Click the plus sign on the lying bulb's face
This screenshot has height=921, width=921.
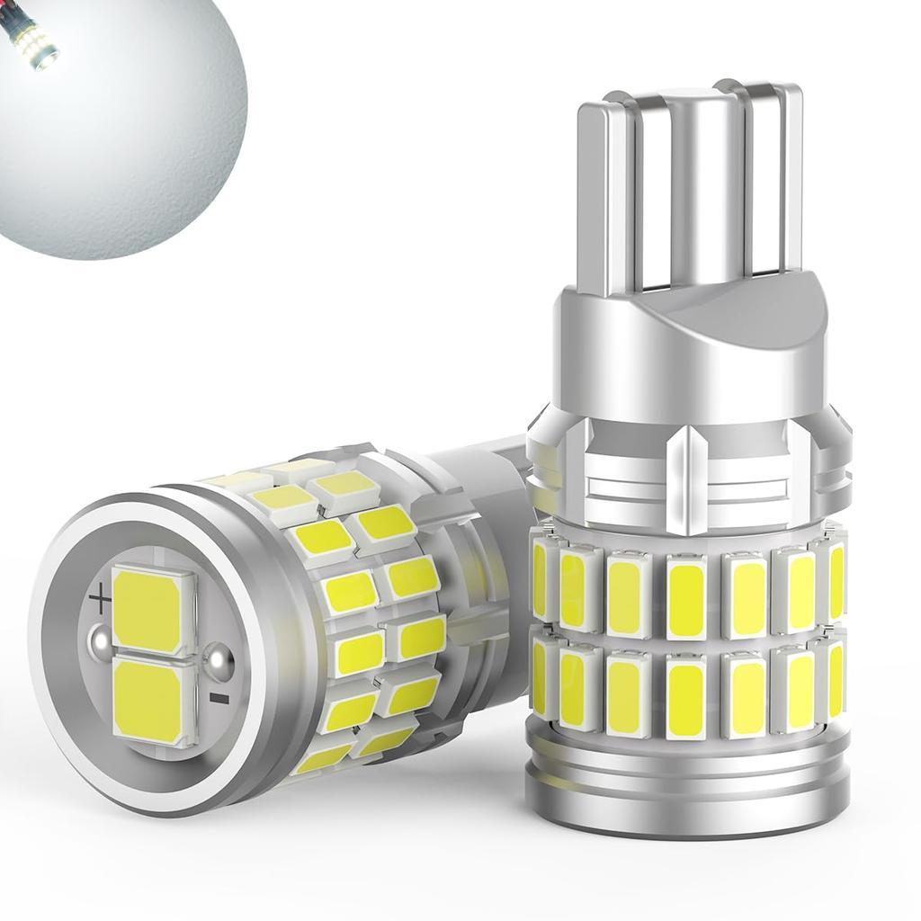click(x=101, y=595)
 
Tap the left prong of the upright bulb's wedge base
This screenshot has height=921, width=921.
click(x=608, y=198)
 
